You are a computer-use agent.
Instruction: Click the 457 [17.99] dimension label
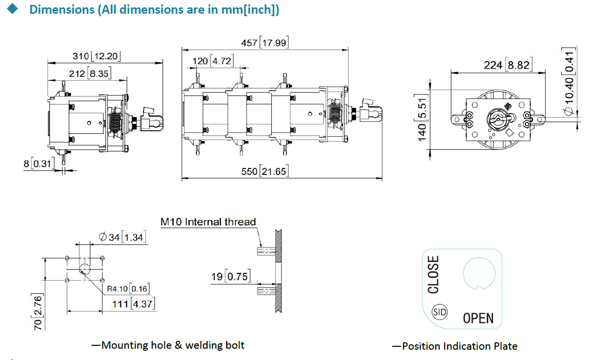[264, 43]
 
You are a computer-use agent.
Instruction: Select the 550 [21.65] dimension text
[264, 171]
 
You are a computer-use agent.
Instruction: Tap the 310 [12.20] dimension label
[96, 56]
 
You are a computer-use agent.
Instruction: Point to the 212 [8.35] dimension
[92, 74]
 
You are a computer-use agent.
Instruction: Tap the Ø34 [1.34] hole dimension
[122, 237]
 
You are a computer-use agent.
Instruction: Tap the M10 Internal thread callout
[208, 222]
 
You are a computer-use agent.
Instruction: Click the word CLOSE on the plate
[433, 274]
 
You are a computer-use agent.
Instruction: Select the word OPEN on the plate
[478, 318]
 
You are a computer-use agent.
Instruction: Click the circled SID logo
[440, 312]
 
